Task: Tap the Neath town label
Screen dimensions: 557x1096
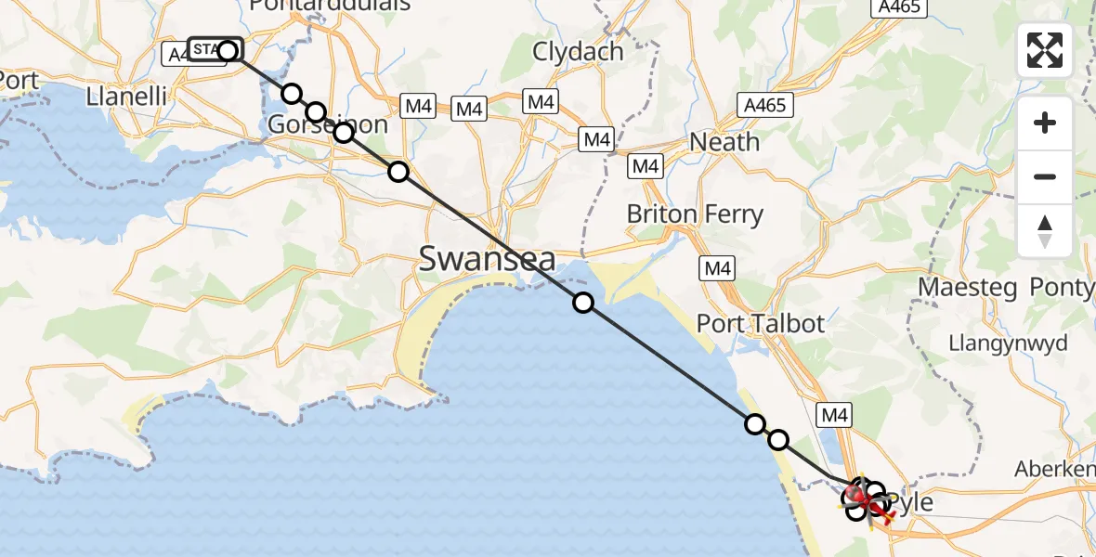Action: (724, 142)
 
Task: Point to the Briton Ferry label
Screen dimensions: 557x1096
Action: (695, 214)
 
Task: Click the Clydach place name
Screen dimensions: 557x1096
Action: (578, 52)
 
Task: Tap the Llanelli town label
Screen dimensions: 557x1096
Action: (126, 96)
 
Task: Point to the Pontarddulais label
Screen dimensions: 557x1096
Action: (330, 6)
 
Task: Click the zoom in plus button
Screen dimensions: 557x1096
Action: (1045, 123)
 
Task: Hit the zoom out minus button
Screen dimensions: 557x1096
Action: (1045, 176)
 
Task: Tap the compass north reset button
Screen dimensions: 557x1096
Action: (1045, 230)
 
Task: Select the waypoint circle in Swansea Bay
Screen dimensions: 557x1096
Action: (582, 303)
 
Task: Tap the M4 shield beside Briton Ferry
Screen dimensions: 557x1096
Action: (717, 268)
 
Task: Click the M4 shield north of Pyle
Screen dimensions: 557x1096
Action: (833, 415)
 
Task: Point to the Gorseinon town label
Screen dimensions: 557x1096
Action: (327, 124)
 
